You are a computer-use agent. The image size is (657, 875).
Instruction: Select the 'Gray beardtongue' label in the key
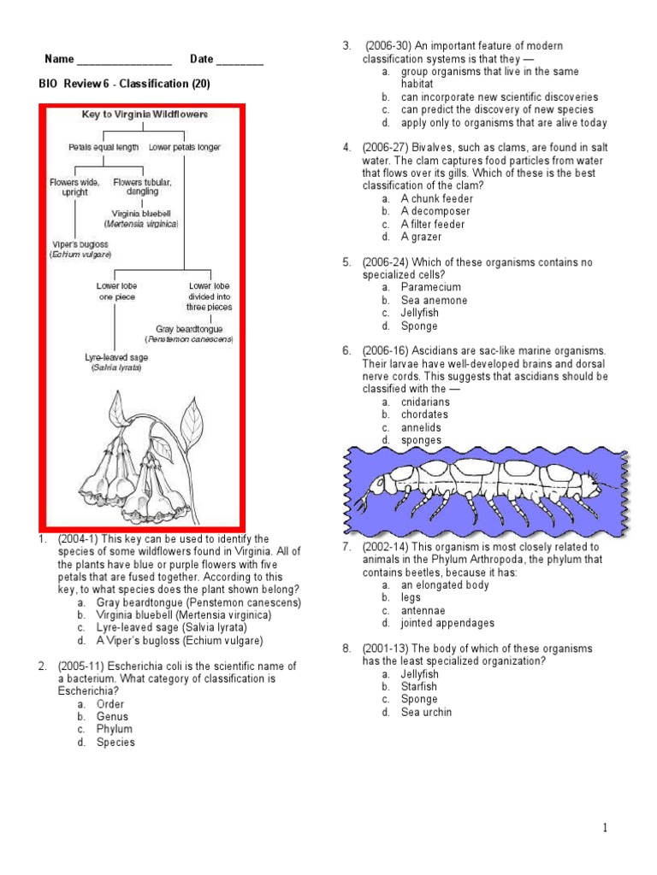click(189, 328)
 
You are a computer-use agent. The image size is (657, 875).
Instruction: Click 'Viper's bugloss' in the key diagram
click(77, 244)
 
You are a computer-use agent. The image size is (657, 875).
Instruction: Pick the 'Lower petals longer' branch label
click(184, 147)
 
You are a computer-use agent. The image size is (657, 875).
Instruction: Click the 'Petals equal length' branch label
click(103, 147)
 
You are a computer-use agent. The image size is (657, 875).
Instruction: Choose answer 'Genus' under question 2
click(112, 717)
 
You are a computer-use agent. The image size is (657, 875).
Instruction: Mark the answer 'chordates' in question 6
click(424, 414)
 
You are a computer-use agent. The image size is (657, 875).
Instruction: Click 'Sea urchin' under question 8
click(426, 712)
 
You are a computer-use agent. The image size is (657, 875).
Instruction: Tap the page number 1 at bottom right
click(604, 827)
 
